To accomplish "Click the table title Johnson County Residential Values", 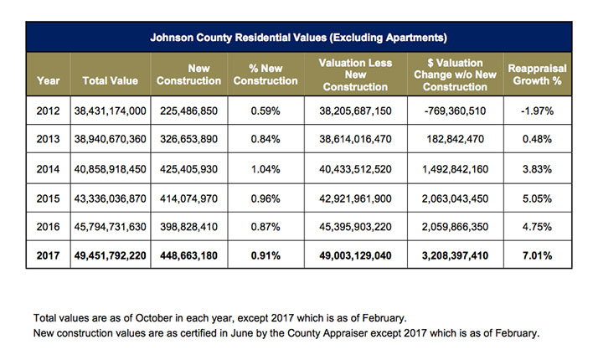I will (298, 38).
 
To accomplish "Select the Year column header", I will (49, 80).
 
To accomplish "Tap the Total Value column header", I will (110, 80).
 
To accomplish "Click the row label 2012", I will (49, 111).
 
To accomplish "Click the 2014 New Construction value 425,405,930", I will (188, 168).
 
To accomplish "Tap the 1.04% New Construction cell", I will (265, 168).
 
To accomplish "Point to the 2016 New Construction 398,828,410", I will (188, 226).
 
